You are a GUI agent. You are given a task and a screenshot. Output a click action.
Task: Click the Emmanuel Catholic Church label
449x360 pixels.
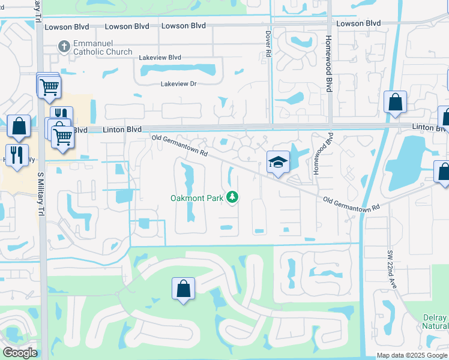[103, 48]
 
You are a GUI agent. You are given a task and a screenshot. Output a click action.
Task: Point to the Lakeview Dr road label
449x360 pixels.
[178, 84]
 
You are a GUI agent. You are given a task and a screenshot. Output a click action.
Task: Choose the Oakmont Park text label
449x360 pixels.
[197, 197]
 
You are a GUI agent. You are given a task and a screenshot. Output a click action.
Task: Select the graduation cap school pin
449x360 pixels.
[278, 162]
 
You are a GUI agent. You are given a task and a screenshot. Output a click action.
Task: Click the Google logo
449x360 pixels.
[20, 353]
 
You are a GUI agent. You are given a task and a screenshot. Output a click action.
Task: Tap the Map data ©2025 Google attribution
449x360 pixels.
[412, 355]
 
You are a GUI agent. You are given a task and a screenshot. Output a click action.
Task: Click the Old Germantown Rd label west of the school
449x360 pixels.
[179, 146]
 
